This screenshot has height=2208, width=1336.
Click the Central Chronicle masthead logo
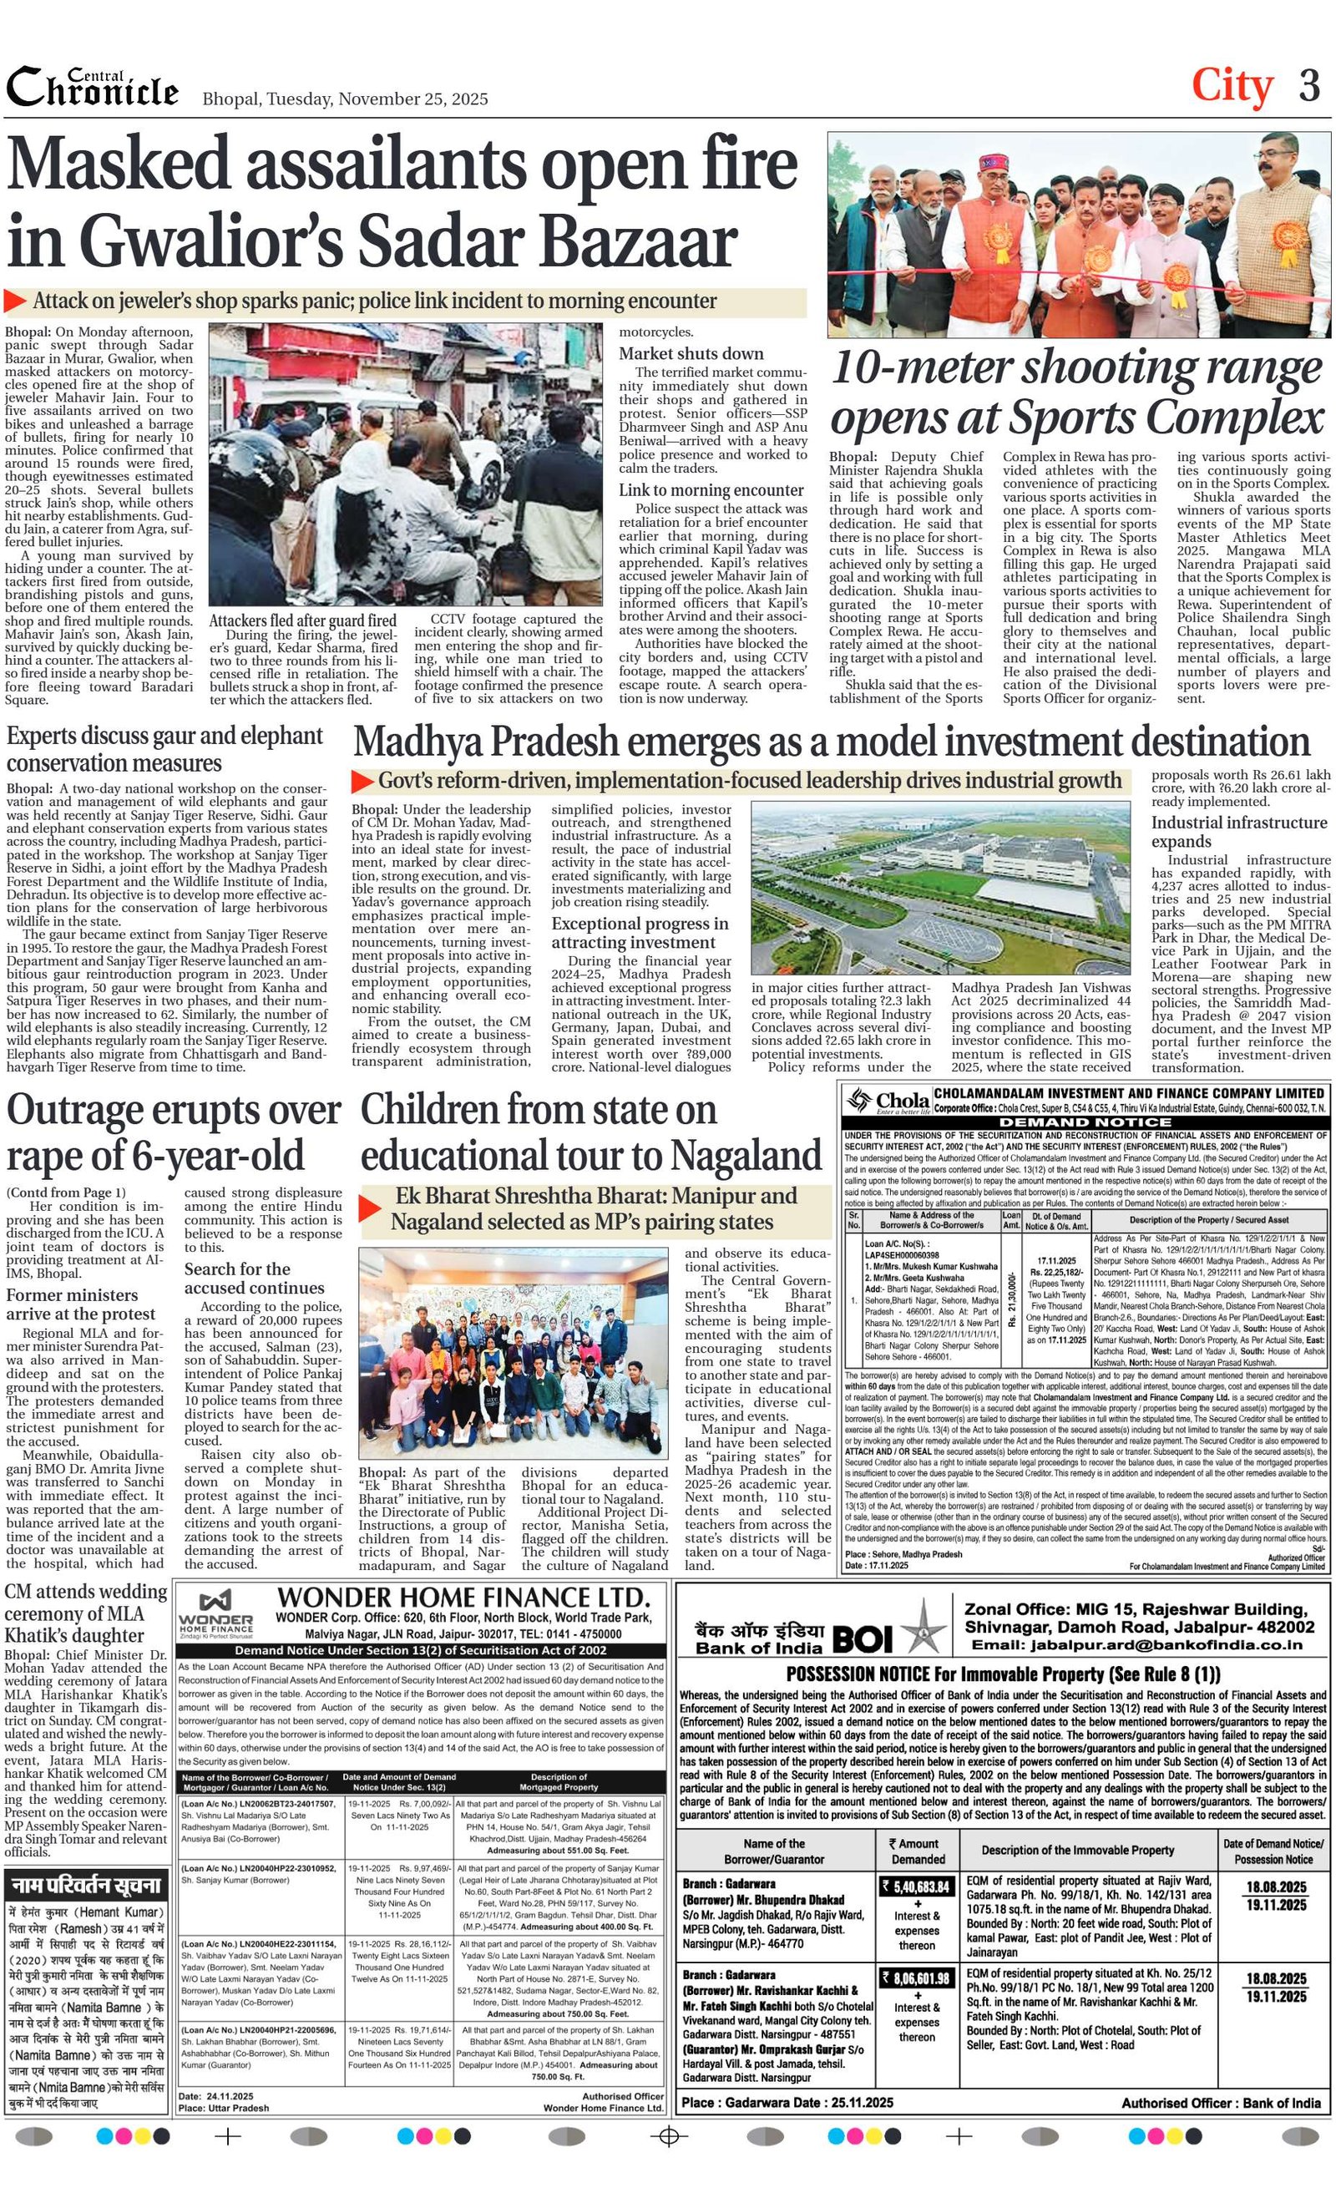click(93, 87)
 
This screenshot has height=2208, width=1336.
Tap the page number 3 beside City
click(1309, 87)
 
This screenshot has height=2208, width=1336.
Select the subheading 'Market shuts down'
click(691, 354)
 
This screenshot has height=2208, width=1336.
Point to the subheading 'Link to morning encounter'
click(711, 490)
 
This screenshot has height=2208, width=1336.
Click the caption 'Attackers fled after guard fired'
click(302, 620)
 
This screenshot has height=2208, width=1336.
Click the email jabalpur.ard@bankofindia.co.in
click(1136, 1645)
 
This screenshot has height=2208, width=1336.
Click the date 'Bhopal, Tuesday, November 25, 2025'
click(345, 99)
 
